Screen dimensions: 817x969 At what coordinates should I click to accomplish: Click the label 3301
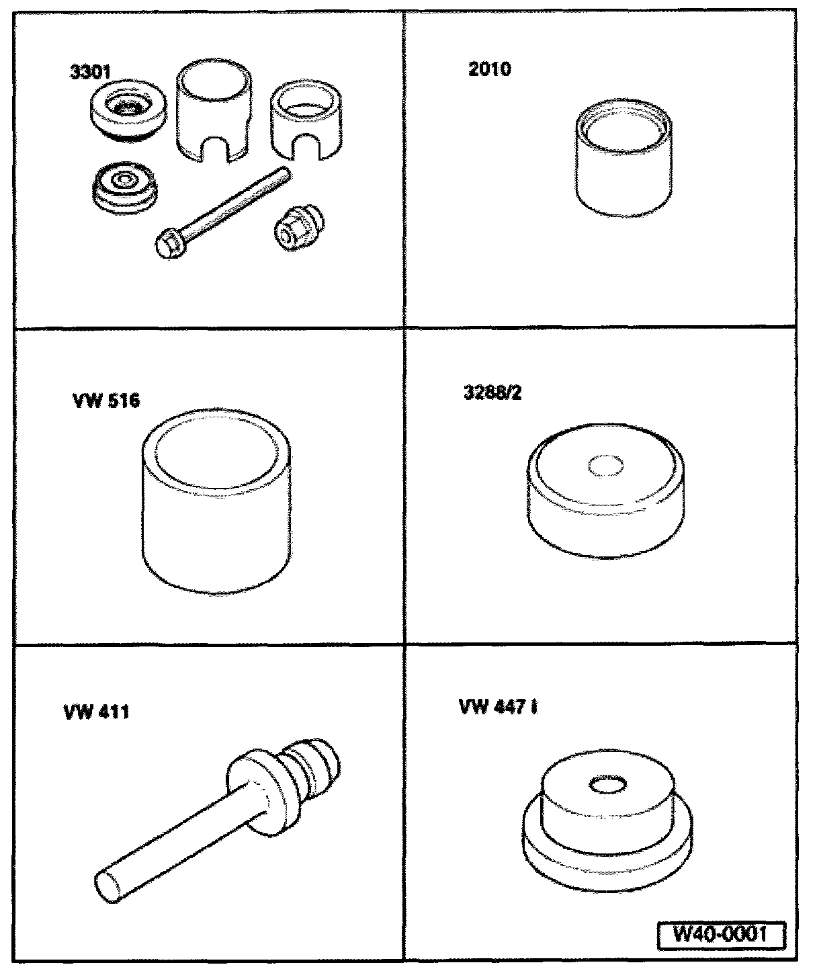tap(91, 72)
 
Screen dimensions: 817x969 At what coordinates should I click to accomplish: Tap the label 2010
tap(490, 69)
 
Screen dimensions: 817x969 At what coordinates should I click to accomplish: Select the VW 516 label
tap(106, 401)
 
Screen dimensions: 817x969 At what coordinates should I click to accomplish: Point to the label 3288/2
tap(492, 392)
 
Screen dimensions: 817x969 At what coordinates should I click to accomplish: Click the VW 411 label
tap(97, 712)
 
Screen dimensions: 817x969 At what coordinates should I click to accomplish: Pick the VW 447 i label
tap(499, 707)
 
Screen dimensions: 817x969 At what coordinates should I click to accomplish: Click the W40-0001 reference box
tap(721, 933)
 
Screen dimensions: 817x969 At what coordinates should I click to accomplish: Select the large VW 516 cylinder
tap(216, 501)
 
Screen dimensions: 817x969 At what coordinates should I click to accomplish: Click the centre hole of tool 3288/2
tap(606, 465)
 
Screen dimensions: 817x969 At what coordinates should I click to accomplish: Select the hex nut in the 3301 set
tap(298, 228)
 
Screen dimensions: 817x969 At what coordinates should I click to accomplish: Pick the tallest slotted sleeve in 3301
tap(214, 112)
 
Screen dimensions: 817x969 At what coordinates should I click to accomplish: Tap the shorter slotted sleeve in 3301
tap(306, 121)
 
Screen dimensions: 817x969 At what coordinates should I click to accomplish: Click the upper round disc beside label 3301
tap(128, 112)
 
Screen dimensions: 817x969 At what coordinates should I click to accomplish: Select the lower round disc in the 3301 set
tap(124, 188)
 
